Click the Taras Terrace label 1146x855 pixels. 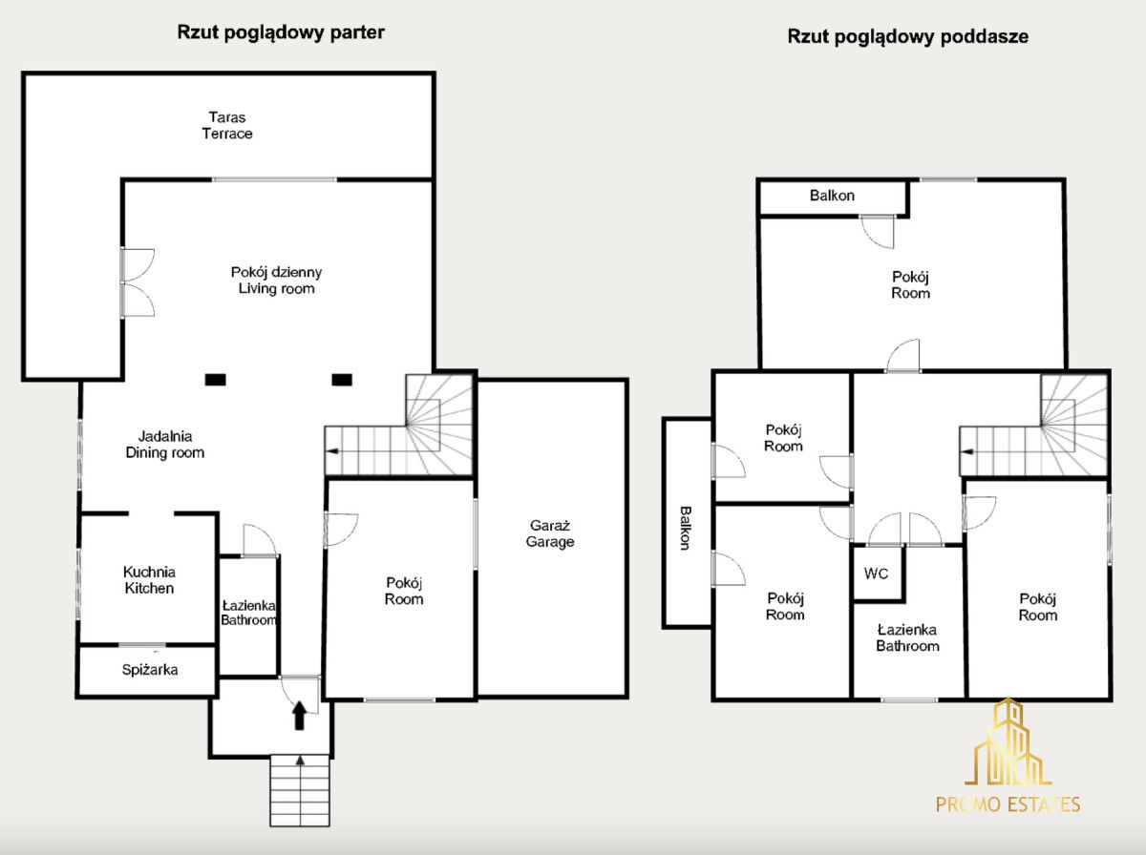click(x=227, y=125)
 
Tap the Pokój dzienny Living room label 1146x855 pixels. click(x=276, y=281)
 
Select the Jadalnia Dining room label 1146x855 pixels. click(x=165, y=444)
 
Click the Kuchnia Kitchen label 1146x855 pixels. click(x=149, y=579)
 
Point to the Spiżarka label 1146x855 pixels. click(x=150, y=669)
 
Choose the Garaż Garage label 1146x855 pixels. click(x=550, y=533)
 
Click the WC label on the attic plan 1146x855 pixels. click(x=876, y=573)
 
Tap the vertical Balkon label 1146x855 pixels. click(x=686, y=528)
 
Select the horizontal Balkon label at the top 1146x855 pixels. click(x=832, y=195)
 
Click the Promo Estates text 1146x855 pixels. click(x=1008, y=803)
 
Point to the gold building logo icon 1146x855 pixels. click(x=1008, y=741)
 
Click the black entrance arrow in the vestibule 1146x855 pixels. click(x=299, y=715)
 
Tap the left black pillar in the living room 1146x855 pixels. click(x=215, y=379)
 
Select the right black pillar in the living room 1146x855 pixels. click(x=342, y=379)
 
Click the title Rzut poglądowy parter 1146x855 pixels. click(x=281, y=32)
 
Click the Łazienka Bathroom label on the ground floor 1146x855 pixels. click(x=248, y=613)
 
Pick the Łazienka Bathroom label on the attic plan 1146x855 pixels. click(x=907, y=637)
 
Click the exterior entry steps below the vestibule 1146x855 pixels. click(x=300, y=790)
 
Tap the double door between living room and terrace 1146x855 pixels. click(x=137, y=282)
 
